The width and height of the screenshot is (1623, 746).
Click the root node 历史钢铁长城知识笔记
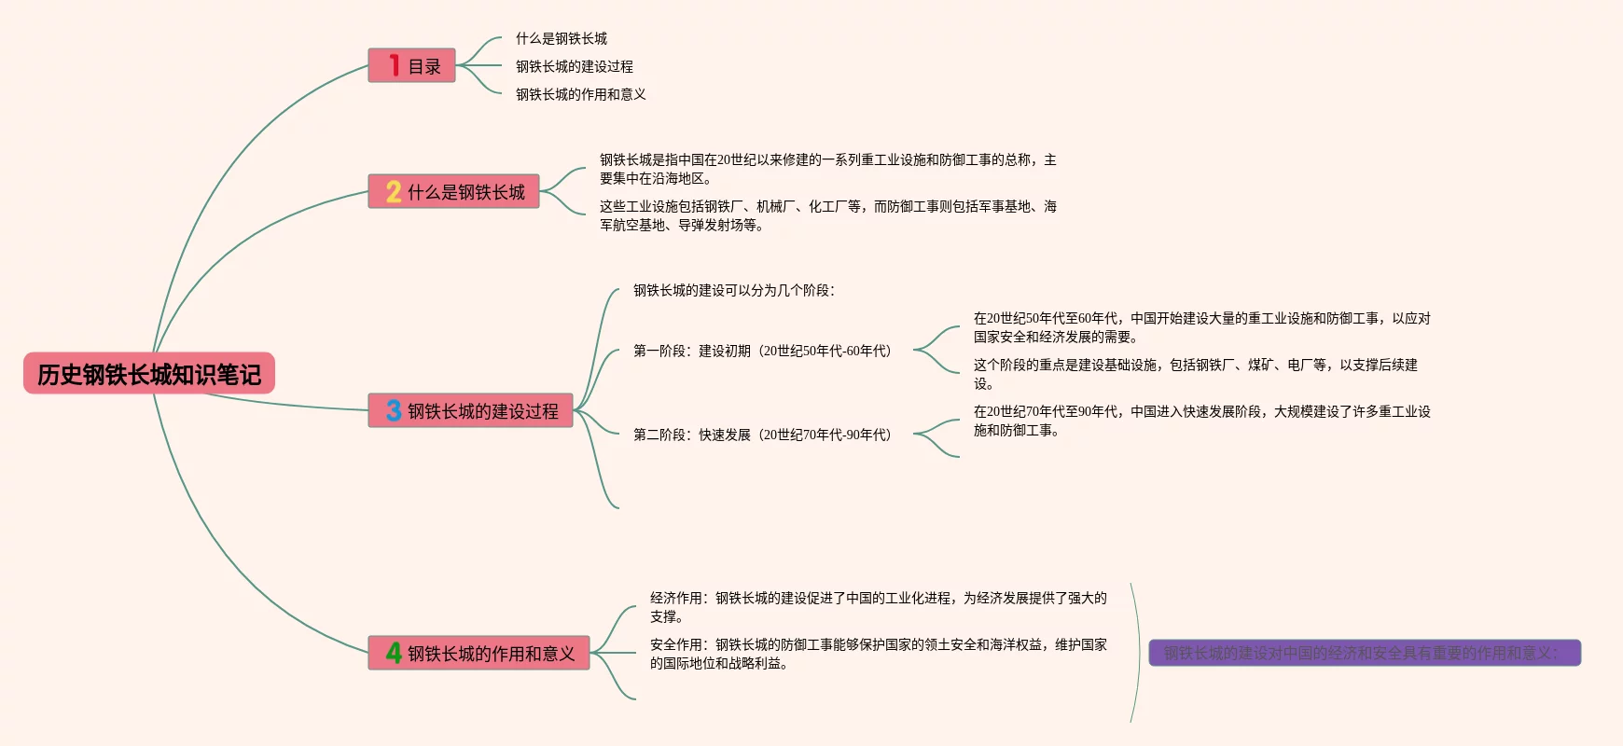149,374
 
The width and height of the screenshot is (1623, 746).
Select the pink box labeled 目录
411,66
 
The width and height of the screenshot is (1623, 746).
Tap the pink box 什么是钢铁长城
453,192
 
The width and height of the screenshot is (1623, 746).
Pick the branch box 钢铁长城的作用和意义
479,654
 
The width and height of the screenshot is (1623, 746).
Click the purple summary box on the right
1365,653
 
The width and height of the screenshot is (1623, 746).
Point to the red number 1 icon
395,65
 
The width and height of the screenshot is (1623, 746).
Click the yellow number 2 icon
394,192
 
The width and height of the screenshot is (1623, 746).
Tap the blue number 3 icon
394,411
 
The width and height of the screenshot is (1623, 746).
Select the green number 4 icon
394,653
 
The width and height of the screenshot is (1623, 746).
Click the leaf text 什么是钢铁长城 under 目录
562,38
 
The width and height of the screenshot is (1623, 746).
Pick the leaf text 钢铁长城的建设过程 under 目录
575,66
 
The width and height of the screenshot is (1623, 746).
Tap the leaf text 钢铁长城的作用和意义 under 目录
581,94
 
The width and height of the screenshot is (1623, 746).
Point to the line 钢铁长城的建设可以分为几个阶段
734,290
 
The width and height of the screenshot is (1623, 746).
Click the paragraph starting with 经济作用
878,607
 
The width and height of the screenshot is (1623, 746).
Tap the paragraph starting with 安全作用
878,654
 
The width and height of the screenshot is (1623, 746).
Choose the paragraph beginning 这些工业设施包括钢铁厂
827,215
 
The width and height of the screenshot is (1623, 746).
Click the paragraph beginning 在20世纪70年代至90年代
1201,421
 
